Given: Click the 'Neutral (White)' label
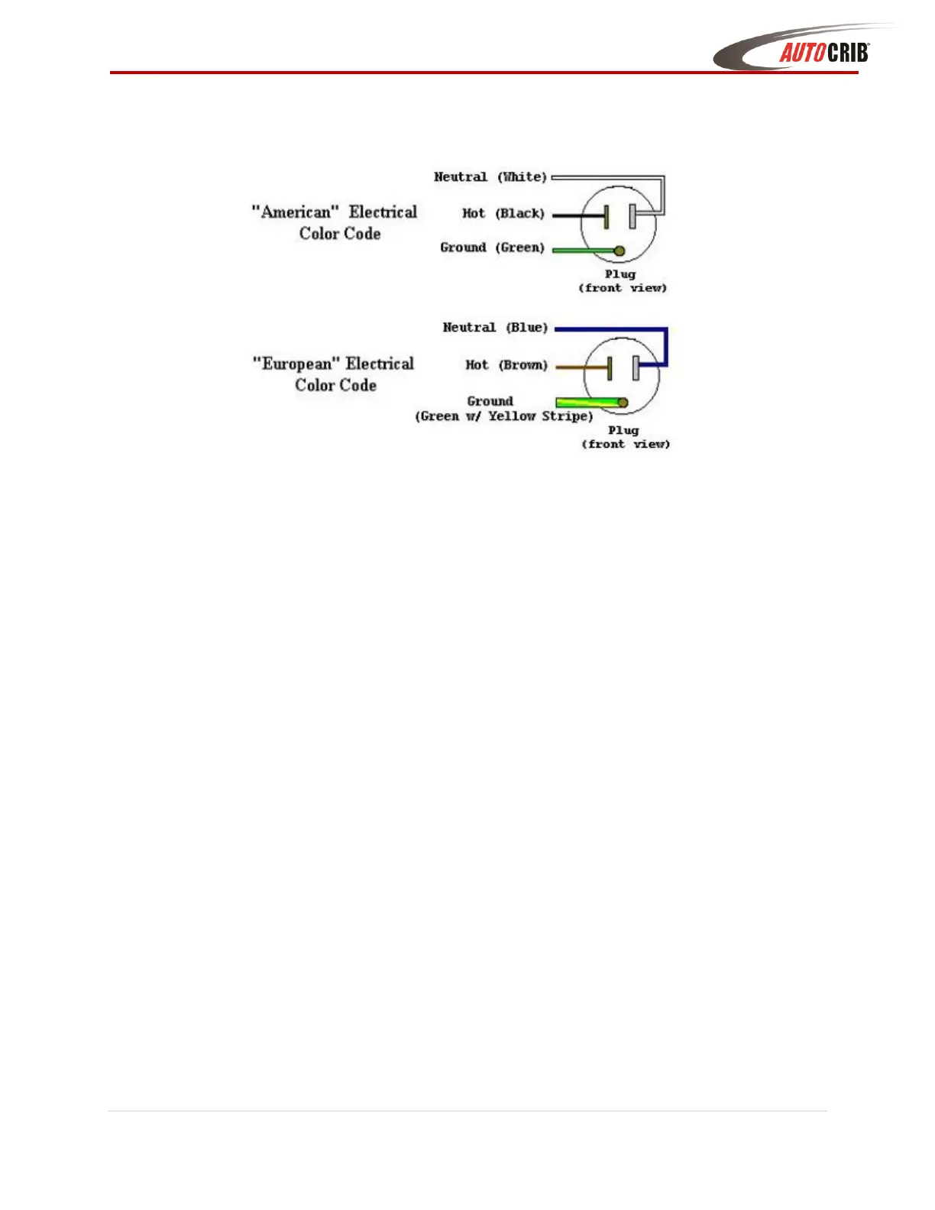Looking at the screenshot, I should click(x=490, y=177).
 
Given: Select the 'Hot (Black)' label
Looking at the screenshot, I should click(x=503, y=214).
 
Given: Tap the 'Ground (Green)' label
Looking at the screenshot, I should click(x=493, y=247).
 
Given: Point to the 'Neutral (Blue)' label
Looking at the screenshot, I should click(x=496, y=328).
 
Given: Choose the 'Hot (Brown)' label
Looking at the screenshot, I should click(x=506, y=365).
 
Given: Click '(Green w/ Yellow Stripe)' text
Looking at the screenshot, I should click(x=504, y=416).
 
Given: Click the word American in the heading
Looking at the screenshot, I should click(x=296, y=212).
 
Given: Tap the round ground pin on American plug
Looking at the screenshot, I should click(x=620, y=251).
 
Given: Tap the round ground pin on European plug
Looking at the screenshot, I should click(x=623, y=403).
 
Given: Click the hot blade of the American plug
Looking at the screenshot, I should click(x=607, y=216).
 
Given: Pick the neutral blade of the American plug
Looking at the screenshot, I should click(x=632, y=216).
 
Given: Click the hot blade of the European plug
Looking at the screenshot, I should click(x=610, y=367).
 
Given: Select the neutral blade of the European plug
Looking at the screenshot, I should click(x=636, y=367).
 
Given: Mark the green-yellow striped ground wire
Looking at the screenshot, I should click(x=584, y=402).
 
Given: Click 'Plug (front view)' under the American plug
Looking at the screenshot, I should click(x=622, y=281).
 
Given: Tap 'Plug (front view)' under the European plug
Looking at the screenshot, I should click(x=625, y=437).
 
